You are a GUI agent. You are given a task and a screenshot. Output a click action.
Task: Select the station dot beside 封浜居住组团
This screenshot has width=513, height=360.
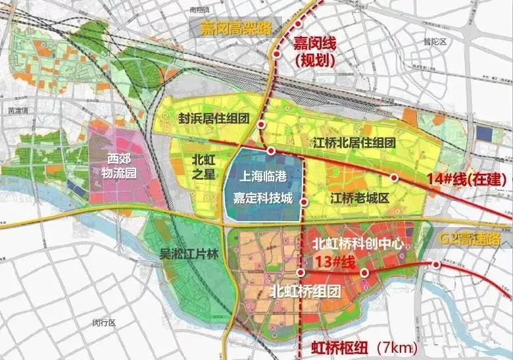(x=261, y=124)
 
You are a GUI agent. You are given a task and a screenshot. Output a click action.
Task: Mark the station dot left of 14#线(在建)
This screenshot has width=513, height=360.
(x=394, y=177)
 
